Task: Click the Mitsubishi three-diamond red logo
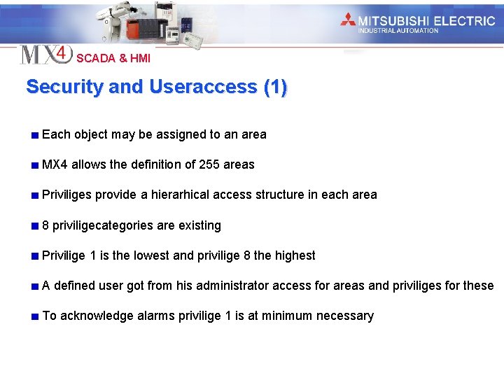click(348, 20)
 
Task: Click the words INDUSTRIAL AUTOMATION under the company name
click(398, 31)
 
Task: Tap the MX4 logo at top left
click(45, 54)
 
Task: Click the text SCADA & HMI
click(113, 59)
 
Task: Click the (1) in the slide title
click(275, 87)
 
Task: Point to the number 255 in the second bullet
click(209, 164)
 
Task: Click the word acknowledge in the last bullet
click(97, 316)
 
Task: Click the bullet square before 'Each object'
click(34, 134)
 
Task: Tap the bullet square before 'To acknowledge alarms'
click(34, 316)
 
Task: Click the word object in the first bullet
click(90, 134)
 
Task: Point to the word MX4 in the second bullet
click(55, 164)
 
